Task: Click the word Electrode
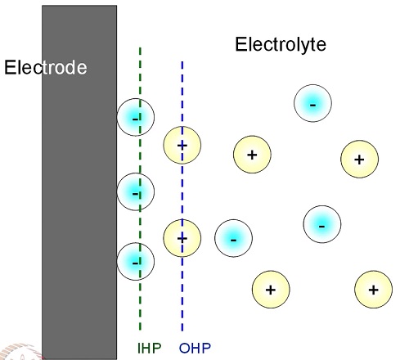(x=46, y=67)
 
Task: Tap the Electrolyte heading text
(x=281, y=45)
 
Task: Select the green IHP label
(x=150, y=348)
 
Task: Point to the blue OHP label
(x=195, y=348)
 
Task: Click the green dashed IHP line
(x=140, y=189)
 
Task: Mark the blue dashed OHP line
(x=182, y=196)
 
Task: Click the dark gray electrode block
(x=79, y=182)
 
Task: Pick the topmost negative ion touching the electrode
(x=136, y=117)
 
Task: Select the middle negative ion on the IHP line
(x=136, y=191)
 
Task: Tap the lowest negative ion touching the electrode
(x=136, y=262)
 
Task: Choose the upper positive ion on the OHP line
(x=182, y=145)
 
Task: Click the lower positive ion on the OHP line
(x=182, y=238)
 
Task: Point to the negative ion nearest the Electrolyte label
(x=312, y=103)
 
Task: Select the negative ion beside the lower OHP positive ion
(x=233, y=238)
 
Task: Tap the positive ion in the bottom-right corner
(x=374, y=290)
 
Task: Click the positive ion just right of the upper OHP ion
(x=252, y=155)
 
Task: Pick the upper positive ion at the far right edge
(x=359, y=159)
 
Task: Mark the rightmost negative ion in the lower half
(x=322, y=224)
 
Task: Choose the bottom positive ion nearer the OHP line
(x=271, y=290)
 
